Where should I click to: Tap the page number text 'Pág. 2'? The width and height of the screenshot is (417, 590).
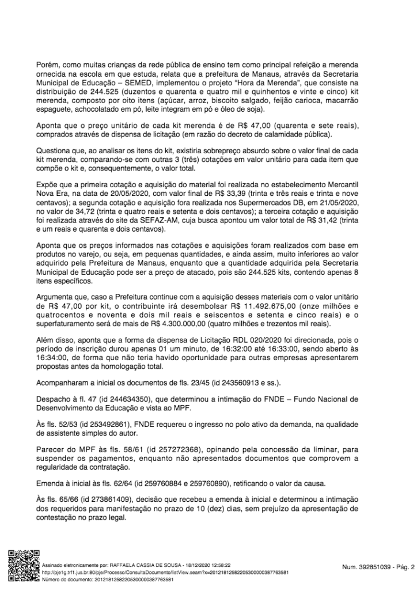pyautogui.click(x=404, y=567)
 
